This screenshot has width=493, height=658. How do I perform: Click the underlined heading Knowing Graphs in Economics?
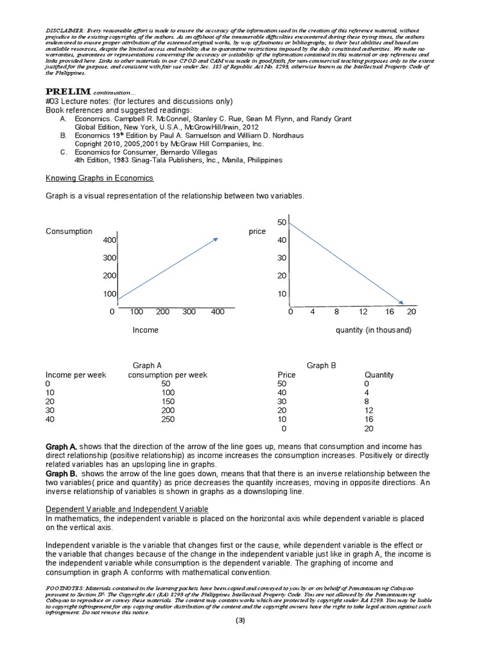pyautogui.click(x=99, y=177)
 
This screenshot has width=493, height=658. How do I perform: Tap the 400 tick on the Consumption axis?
pyautogui.click(x=110, y=240)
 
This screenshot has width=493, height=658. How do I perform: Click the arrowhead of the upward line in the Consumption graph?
pyautogui.click(x=215, y=239)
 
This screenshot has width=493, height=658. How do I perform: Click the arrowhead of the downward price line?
pyautogui.click(x=401, y=303)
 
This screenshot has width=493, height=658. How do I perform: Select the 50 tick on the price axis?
pyautogui.click(x=281, y=222)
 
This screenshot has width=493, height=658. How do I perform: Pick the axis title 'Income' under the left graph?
pyautogui.click(x=145, y=330)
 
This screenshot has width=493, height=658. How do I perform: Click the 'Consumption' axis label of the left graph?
pyautogui.click(x=69, y=231)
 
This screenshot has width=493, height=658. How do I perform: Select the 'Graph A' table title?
pyautogui.click(x=147, y=366)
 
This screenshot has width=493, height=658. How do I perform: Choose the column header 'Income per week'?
pyautogui.click(x=75, y=375)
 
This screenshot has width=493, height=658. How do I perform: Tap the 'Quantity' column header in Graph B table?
pyautogui.click(x=379, y=375)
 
